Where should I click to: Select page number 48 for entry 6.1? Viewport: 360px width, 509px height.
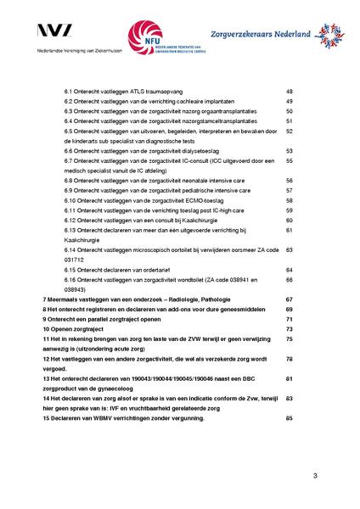point(290,91)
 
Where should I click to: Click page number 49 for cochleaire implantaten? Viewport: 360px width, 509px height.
point(290,101)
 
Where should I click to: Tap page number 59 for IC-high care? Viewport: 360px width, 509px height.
point(290,210)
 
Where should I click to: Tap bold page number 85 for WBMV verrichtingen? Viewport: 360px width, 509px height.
point(290,418)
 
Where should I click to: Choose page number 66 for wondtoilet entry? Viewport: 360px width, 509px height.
point(290,280)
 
